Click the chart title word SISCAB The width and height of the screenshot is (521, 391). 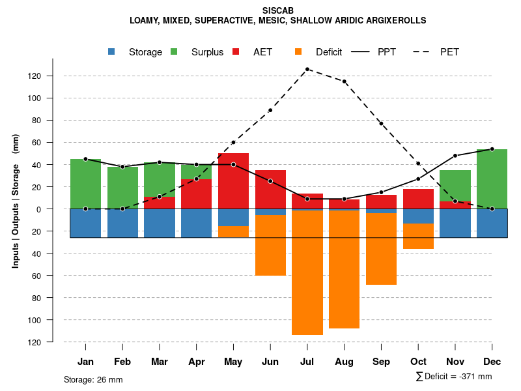[278, 11]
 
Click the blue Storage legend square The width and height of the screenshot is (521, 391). [112, 51]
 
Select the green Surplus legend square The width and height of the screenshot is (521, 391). [174, 51]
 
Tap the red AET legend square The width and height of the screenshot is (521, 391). [236, 51]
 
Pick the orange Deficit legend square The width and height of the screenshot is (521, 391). [298, 51]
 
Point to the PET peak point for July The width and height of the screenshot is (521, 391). [307, 69]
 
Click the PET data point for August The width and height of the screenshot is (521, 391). [344, 81]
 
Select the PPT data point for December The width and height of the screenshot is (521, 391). [492, 149]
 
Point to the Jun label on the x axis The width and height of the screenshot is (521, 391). [270, 362]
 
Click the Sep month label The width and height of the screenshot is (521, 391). [381, 362]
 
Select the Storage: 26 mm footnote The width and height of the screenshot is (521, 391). [93, 379]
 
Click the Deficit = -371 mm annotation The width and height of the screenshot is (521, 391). [454, 377]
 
